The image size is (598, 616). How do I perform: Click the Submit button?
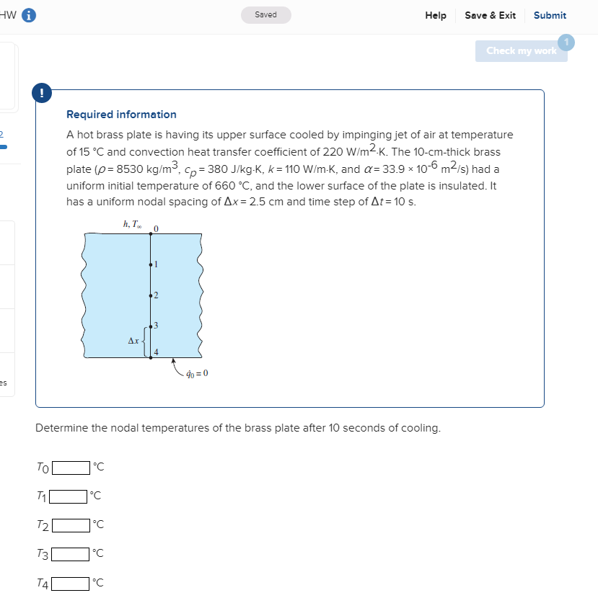click(550, 15)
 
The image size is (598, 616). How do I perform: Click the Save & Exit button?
click(490, 15)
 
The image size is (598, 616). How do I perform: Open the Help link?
click(435, 15)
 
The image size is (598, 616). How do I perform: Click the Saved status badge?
click(265, 15)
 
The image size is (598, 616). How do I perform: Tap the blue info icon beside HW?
click(30, 15)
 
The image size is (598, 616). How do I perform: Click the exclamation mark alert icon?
click(41, 92)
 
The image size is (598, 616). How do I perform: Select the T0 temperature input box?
click(71, 467)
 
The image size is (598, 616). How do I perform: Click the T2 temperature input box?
click(71, 525)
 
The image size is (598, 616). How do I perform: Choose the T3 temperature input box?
click(71, 553)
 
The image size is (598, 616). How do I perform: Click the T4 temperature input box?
click(71, 583)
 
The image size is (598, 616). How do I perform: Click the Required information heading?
click(121, 115)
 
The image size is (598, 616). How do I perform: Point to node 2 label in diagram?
click(157, 295)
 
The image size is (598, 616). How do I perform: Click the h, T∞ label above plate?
click(133, 226)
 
